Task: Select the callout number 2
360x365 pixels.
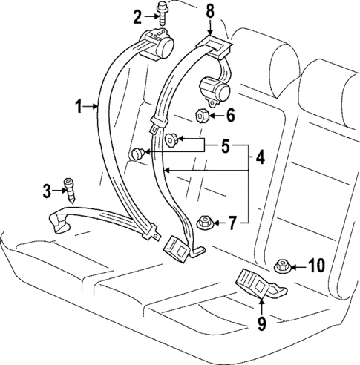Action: tap(137, 16)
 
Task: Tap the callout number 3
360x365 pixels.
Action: tap(48, 191)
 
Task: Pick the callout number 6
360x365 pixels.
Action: tap(230, 116)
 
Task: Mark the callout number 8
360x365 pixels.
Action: tap(209, 11)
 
